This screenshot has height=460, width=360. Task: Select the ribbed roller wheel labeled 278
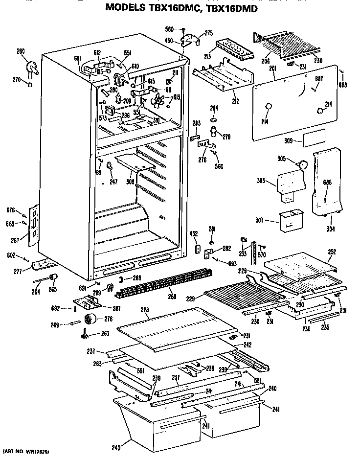pos(90,320)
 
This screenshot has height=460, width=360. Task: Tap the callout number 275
pos(209,33)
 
